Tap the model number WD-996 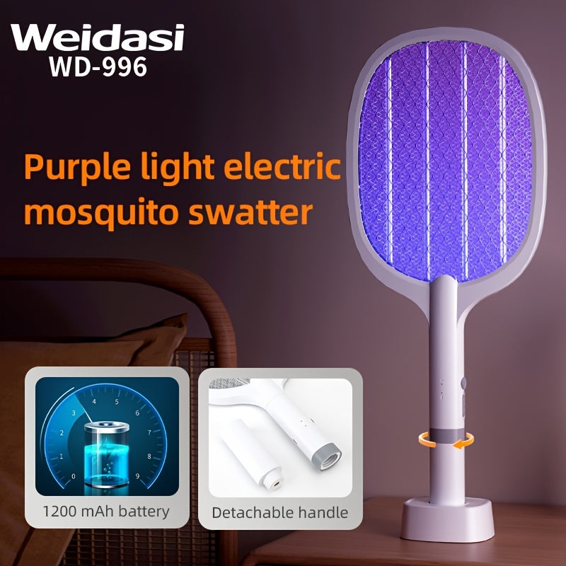coord(98,67)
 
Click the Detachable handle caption coord(280,512)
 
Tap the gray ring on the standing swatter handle coord(444,437)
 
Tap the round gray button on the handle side coord(463,383)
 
